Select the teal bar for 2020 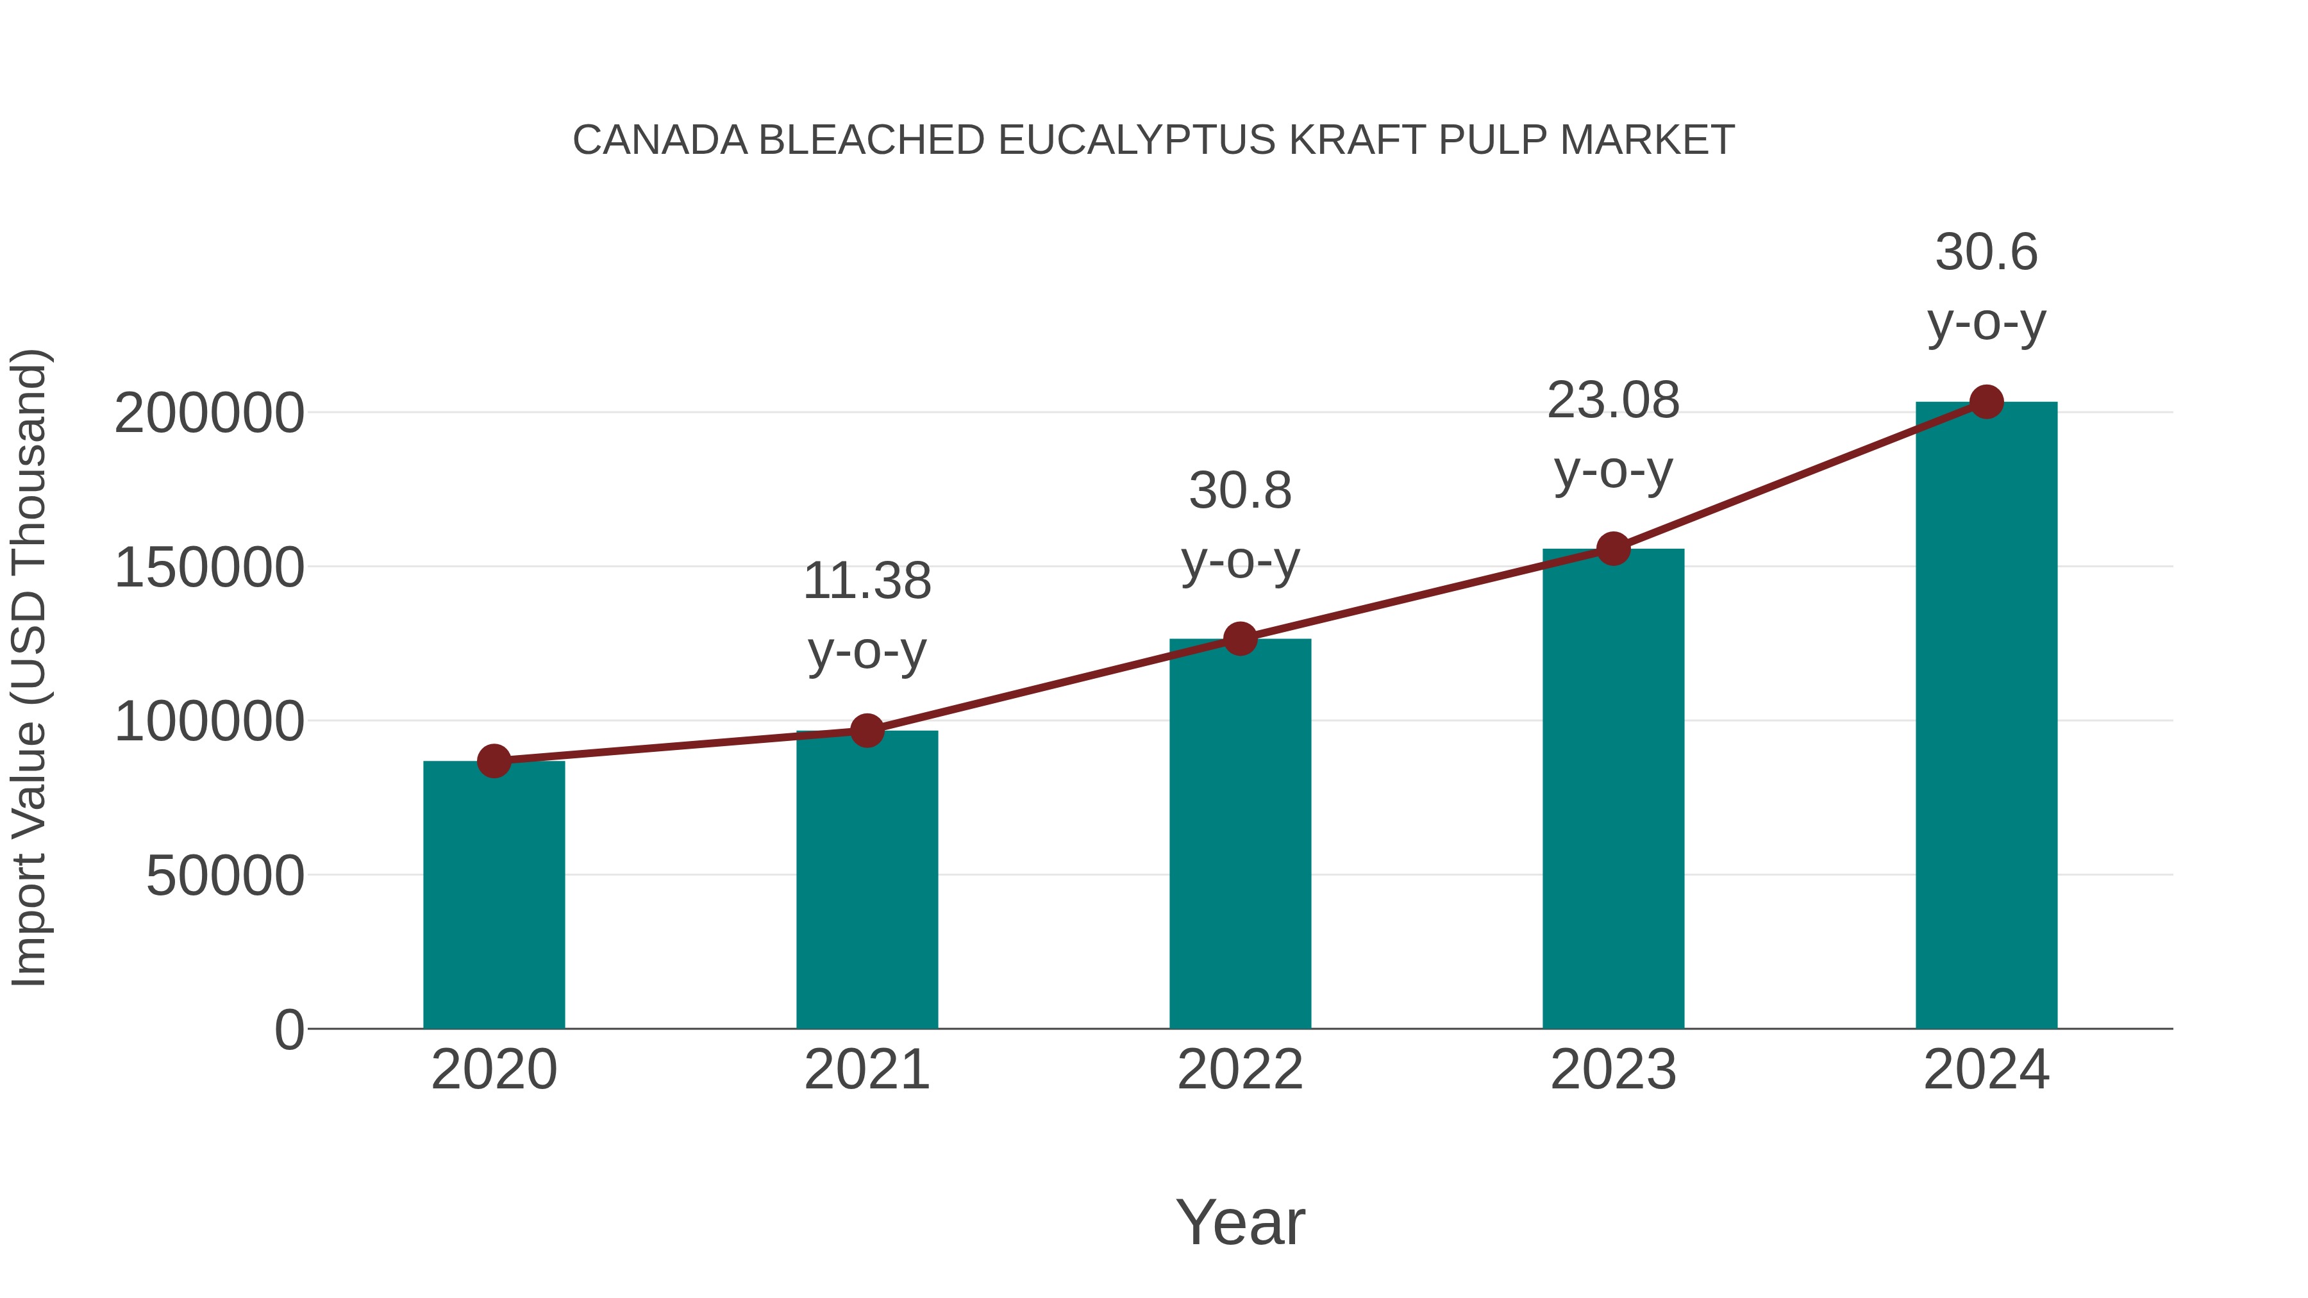point(494,896)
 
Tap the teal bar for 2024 point(1986,717)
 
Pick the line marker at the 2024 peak point(1986,402)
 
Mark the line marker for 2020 point(494,761)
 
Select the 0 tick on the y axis point(289,1030)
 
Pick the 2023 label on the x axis point(1614,1070)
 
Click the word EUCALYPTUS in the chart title point(1137,140)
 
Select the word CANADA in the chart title point(660,140)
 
